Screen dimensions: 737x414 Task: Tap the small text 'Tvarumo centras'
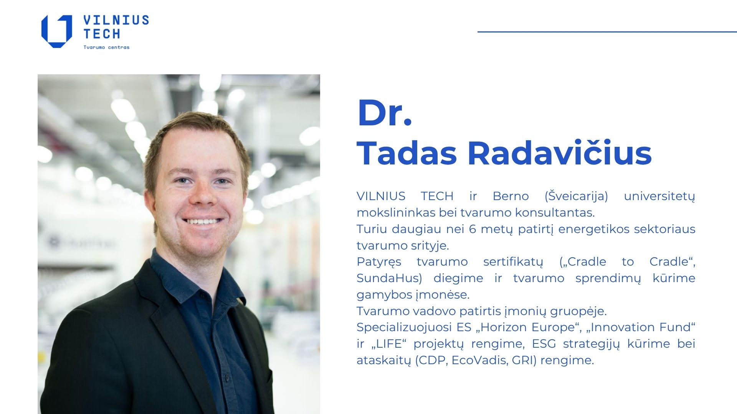coord(106,48)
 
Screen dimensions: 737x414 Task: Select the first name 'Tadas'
coord(407,153)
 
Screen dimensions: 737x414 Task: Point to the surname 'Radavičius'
coord(560,152)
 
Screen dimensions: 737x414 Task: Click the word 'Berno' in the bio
coord(511,196)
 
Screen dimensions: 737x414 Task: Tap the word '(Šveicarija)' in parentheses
coord(576,196)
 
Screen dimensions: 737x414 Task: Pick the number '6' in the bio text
coord(473,229)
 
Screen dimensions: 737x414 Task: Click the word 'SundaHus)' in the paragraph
coord(389,278)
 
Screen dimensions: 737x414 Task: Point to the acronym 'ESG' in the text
coord(544,344)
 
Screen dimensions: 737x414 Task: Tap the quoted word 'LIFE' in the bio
coord(389,343)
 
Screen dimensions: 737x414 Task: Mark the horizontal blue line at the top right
coord(607,32)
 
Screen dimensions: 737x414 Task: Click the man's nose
coord(202,194)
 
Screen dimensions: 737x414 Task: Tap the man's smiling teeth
coord(202,221)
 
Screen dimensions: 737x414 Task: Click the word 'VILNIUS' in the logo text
coord(116,20)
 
